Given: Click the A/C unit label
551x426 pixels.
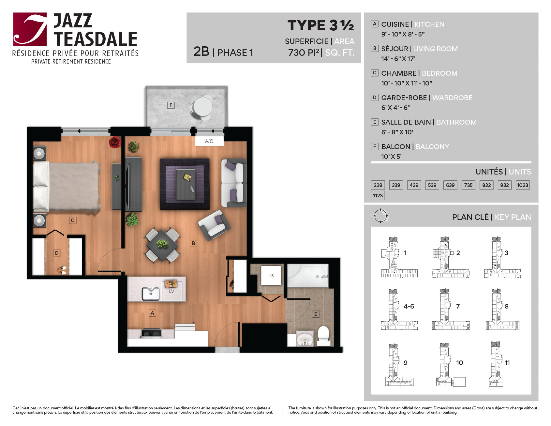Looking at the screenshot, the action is (209, 141).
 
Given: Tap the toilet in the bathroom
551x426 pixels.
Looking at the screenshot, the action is (324, 335).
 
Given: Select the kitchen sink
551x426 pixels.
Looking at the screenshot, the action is (151, 293).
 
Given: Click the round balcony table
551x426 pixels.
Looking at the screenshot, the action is (203, 106).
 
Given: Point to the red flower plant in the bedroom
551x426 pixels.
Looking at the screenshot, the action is (115, 142).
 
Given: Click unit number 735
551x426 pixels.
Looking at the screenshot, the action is (468, 185).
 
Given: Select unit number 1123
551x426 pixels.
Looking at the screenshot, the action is (378, 195).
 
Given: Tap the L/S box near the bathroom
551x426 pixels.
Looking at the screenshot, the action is (271, 276).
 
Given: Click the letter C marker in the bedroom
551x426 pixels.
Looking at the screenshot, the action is (73, 221).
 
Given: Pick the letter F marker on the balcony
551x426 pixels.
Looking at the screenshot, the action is (171, 105).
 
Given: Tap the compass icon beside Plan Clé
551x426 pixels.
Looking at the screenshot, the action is (380, 216).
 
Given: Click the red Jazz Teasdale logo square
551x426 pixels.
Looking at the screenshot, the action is (30, 29).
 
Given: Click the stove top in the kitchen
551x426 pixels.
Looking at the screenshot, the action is (151, 333).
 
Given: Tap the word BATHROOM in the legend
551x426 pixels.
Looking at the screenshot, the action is (456, 122).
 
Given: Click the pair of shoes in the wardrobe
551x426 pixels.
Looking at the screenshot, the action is (62, 270).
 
